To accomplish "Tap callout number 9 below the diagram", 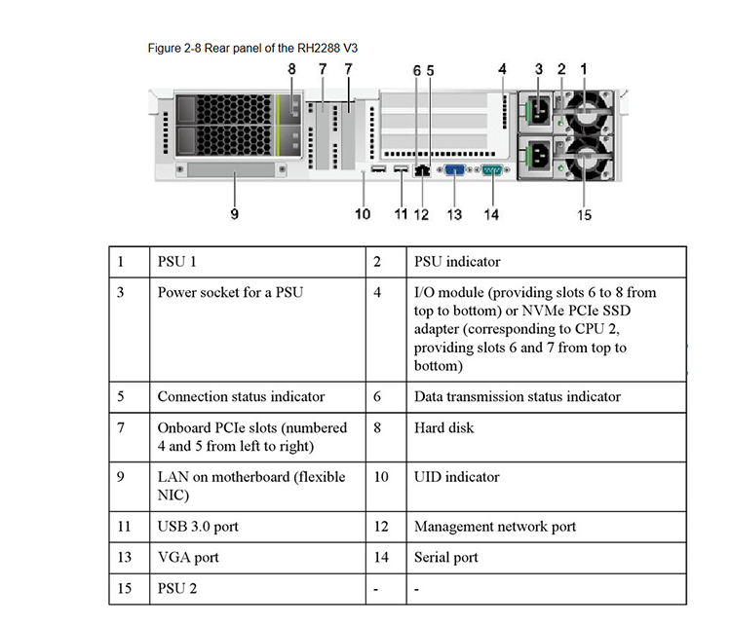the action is (235, 214).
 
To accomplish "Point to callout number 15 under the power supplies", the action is (584, 215).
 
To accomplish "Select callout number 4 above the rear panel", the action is (502, 69).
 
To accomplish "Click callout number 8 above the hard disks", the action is (291, 69).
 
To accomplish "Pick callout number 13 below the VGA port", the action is (454, 214).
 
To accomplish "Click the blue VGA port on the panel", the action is (454, 170).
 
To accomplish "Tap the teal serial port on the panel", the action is (491, 170).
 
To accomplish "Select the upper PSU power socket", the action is (540, 111).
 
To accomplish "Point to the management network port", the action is (422, 170).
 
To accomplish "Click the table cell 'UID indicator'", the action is (547, 487).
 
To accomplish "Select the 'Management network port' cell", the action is (547, 527).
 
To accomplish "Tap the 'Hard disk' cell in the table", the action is (547, 437).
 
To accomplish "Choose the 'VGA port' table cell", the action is (258, 558).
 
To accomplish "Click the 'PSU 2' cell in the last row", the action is (258, 589).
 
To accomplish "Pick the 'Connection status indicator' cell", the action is (258, 397).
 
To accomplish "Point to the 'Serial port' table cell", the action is (547, 558).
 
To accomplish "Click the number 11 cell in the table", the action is (130, 527).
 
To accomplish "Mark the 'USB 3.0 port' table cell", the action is (258, 527).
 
